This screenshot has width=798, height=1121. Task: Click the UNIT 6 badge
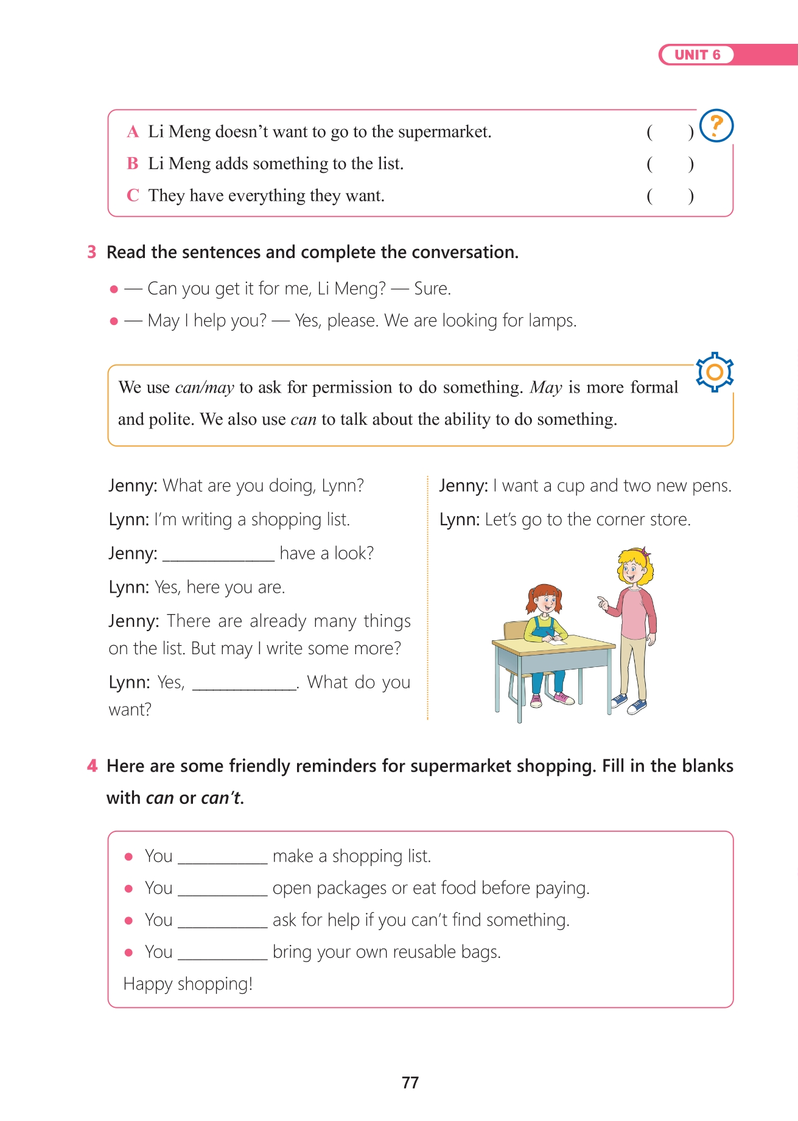697,55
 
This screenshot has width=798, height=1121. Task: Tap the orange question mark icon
716,125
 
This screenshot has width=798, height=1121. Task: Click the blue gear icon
715,371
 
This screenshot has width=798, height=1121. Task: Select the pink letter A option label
133,131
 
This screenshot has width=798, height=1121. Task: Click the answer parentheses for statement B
670,164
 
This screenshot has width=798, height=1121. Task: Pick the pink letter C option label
133,195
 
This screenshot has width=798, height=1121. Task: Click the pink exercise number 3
92,252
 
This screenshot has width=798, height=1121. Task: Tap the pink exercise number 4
92,766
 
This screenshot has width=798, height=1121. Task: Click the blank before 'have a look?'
219,554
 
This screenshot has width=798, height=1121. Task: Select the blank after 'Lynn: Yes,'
244,683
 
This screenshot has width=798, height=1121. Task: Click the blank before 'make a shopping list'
223,857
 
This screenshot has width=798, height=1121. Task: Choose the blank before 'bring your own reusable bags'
223,952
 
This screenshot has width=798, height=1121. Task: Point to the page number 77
410,1082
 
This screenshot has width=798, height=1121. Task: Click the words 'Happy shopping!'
188,984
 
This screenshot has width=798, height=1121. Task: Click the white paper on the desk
555,640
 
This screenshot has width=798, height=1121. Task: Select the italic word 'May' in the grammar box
546,387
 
